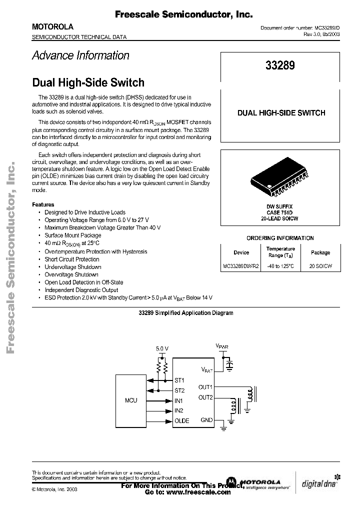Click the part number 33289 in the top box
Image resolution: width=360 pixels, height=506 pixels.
[x=280, y=65]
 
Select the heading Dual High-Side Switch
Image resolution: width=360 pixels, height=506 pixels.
[x=88, y=82]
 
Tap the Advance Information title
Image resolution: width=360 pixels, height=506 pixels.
[x=80, y=55]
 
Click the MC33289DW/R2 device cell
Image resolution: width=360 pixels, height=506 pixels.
[x=241, y=267]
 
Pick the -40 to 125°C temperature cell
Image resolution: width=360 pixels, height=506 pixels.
[x=280, y=267]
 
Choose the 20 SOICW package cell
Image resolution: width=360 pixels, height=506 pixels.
[x=320, y=267]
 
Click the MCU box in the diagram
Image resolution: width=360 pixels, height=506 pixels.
[x=131, y=400]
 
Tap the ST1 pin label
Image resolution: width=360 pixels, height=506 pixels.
[x=179, y=380]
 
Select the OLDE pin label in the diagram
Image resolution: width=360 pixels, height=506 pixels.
[x=181, y=420]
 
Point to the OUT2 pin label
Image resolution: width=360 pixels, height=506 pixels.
[x=205, y=397]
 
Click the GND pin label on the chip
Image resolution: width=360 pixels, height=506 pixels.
[x=206, y=419]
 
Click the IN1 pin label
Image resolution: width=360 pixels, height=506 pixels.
[x=179, y=400]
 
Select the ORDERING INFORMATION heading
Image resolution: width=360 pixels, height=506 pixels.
[x=280, y=238]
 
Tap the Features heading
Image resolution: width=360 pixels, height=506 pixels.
[x=43, y=204]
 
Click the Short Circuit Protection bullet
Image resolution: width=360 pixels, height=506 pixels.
[x=72, y=259]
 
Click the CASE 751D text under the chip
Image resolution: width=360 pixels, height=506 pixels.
[x=279, y=212]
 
